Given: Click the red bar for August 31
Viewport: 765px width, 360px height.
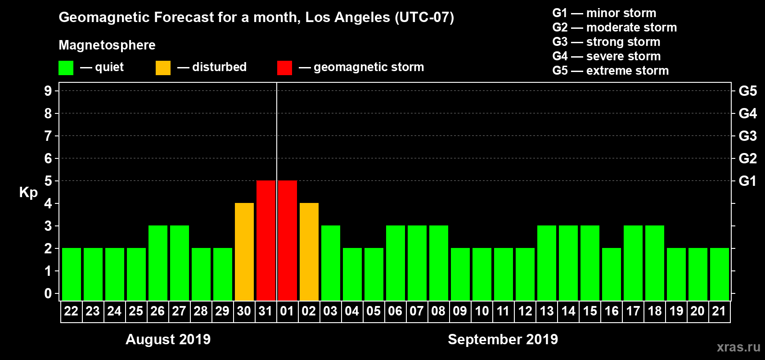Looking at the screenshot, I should click(266, 240).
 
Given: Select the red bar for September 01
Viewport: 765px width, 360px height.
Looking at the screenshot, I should click(288, 240).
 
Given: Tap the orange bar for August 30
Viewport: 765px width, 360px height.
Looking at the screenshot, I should click(244, 252).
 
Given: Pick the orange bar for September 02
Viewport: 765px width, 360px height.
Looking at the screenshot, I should click(309, 252).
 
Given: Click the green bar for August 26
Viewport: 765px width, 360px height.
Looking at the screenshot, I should click(158, 263).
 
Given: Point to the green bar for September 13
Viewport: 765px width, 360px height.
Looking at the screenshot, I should click(547, 263).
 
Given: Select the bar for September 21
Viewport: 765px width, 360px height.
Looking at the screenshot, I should click(720, 274).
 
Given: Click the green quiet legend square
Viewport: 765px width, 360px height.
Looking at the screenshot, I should click(66, 68).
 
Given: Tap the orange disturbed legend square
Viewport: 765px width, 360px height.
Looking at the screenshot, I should click(163, 68).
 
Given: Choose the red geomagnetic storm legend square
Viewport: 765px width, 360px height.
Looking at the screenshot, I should click(284, 68).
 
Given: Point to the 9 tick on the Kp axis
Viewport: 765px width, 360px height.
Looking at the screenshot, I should click(48, 91).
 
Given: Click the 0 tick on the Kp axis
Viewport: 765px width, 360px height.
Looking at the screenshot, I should click(48, 293).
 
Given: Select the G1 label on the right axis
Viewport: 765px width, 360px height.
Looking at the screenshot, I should click(747, 181).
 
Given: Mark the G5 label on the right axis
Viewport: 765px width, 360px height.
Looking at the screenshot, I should click(747, 91).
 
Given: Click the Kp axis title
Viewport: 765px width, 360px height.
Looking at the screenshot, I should click(28, 193).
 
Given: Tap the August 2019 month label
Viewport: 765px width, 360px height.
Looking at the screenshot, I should click(168, 339).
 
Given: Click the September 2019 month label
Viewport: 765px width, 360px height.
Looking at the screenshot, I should click(503, 339).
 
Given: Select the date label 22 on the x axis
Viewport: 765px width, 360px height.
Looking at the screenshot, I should click(71, 311).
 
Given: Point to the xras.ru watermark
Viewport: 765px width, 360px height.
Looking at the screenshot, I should click(738, 347).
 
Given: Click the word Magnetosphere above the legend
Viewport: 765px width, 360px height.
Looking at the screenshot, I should click(107, 45).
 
